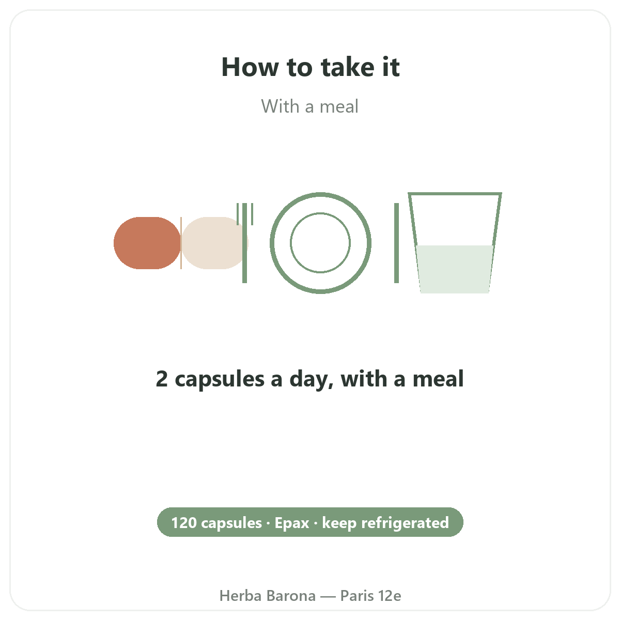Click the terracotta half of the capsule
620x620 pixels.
tap(147, 243)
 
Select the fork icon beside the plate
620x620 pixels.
tap(245, 243)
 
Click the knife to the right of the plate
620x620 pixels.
tap(396, 243)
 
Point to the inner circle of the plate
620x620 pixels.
tap(320, 213)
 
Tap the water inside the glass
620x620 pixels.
tap(455, 269)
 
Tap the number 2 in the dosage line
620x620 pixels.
tap(162, 379)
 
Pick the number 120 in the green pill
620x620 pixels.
tap(184, 523)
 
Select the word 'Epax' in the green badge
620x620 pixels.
tap(292, 523)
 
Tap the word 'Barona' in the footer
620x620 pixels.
tap(291, 596)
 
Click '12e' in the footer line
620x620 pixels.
tap(390, 596)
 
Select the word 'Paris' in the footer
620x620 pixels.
tap(357, 596)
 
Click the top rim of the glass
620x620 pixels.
tap(455, 194)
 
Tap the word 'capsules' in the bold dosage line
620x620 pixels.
tap(220, 380)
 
